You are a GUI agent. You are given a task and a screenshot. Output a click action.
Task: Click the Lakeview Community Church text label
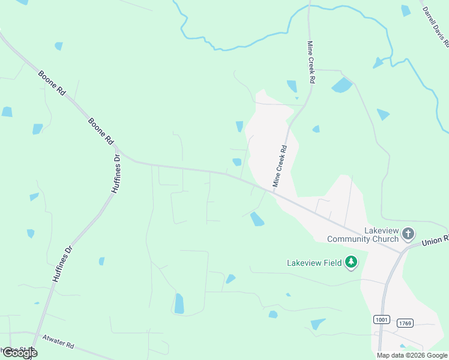tap(363, 235)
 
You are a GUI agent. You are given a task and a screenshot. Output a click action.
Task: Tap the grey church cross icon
tap(408, 233)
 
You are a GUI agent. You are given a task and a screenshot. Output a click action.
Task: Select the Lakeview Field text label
tap(314, 262)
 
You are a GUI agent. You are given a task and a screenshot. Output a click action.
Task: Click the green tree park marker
tap(351, 262)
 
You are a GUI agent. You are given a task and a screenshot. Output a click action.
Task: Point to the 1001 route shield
tap(381, 320)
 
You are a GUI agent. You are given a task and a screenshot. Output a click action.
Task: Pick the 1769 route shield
tap(405, 323)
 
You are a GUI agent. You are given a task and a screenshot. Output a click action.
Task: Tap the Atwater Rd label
tap(58, 341)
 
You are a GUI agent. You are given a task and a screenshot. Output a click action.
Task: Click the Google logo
tap(19, 353)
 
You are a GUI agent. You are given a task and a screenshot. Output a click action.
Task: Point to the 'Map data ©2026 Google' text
tap(412, 355)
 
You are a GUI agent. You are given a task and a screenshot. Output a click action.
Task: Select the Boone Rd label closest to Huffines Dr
tap(100, 130)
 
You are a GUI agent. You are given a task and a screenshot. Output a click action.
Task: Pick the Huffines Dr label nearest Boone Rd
tap(115, 174)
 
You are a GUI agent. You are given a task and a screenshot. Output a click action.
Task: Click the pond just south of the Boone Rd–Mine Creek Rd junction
tap(257, 219)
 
